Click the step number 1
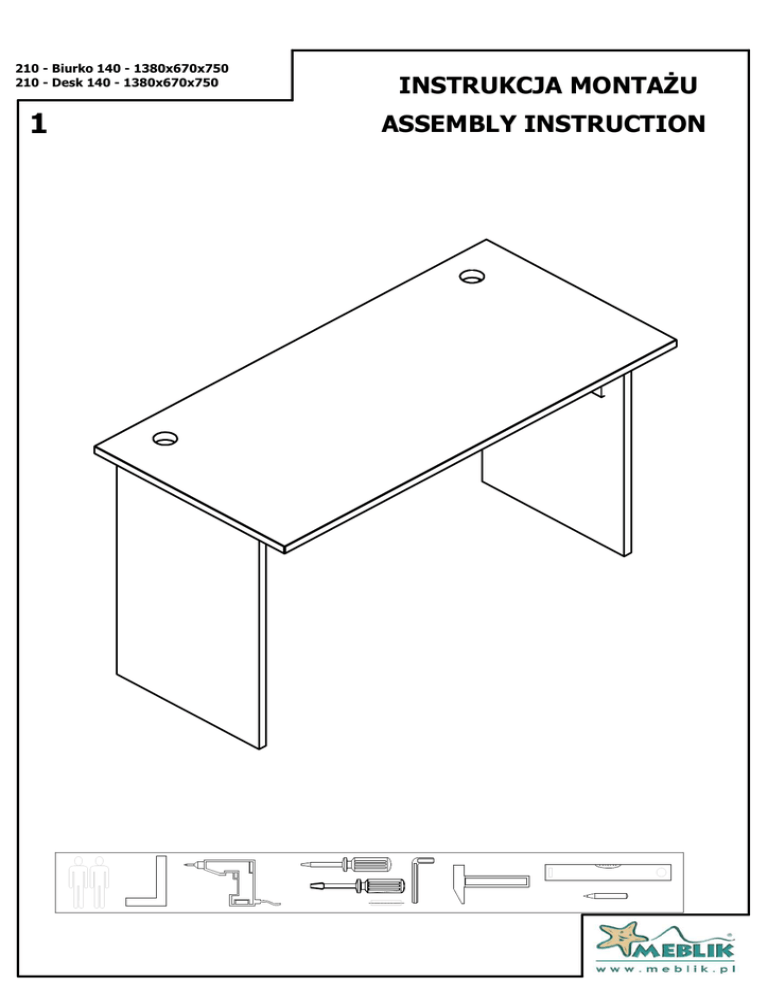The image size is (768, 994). pos(39,124)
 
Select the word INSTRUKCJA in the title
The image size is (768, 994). pos(481,85)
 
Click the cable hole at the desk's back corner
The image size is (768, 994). pos(472,276)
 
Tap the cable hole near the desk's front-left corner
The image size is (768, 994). pos(165,438)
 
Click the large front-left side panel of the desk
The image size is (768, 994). pos(190,609)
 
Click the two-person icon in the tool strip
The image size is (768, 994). pos(89,882)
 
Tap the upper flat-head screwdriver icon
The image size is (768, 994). pos(346,864)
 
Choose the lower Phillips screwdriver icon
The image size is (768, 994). pos(357,885)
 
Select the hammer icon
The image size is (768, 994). pos(489,881)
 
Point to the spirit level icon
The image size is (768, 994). pos(608,872)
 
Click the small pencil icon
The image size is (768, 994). pos(605,896)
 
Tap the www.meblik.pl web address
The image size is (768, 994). pos(665,969)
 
